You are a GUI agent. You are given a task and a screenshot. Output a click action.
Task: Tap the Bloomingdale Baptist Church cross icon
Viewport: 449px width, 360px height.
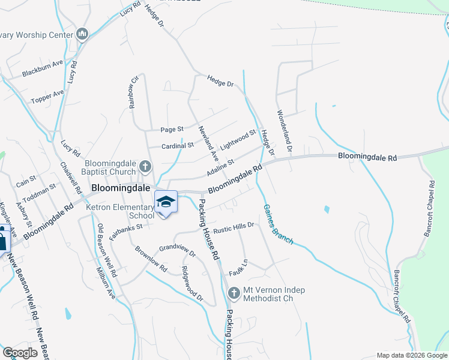pyautogui.click(x=145, y=166)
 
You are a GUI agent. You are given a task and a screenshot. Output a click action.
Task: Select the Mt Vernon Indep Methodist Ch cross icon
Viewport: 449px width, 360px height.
pyautogui.click(x=234, y=293)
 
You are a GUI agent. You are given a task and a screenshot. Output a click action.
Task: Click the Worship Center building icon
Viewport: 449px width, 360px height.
pyautogui.click(x=83, y=34)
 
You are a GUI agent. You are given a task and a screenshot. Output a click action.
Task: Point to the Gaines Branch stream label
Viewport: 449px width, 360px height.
pyautogui.click(x=278, y=224)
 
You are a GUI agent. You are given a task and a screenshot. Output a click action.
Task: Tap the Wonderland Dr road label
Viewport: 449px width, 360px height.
pyautogui.click(x=284, y=130)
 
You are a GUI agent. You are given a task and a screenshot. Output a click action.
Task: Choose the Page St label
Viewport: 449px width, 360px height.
pyautogui.click(x=172, y=129)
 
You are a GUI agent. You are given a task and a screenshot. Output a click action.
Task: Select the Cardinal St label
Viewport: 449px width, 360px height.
pyautogui.click(x=178, y=145)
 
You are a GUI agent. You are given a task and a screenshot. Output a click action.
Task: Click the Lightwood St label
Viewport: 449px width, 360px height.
pyautogui.click(x=238, y=140)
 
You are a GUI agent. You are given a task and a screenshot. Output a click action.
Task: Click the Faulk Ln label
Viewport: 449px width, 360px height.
pyautogui.click(x=239, y=268)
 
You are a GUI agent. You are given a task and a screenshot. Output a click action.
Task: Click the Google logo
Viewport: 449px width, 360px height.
pyautogui.click(x=20, y=352)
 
